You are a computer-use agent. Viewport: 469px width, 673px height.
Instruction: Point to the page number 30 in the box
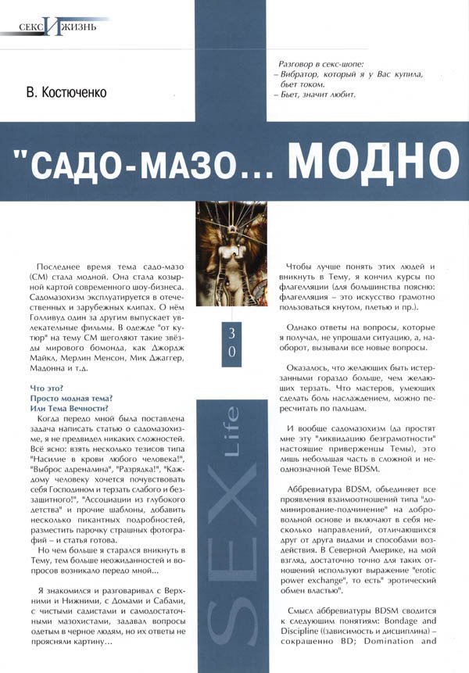[231, 342]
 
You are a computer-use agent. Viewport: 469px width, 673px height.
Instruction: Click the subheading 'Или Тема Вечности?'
[69, 408]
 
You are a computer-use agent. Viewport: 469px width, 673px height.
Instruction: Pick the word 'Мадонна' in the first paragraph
[48, 368]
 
